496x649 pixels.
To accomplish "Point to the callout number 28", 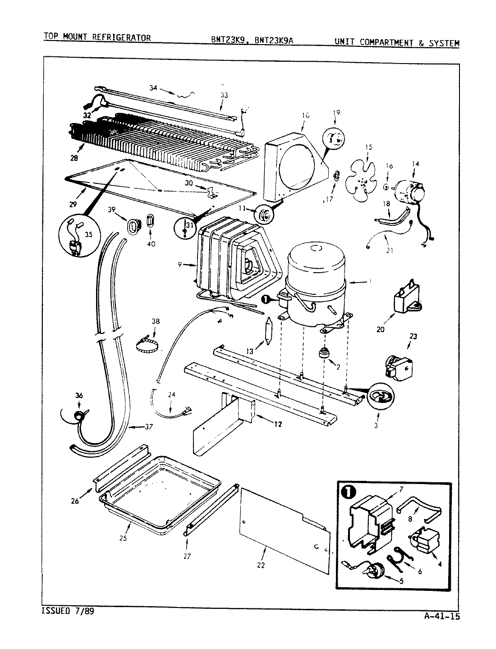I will click(74, 158).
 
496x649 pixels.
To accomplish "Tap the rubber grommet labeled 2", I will click(323, 353).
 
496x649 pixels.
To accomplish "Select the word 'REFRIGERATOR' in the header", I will click(122, 37).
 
